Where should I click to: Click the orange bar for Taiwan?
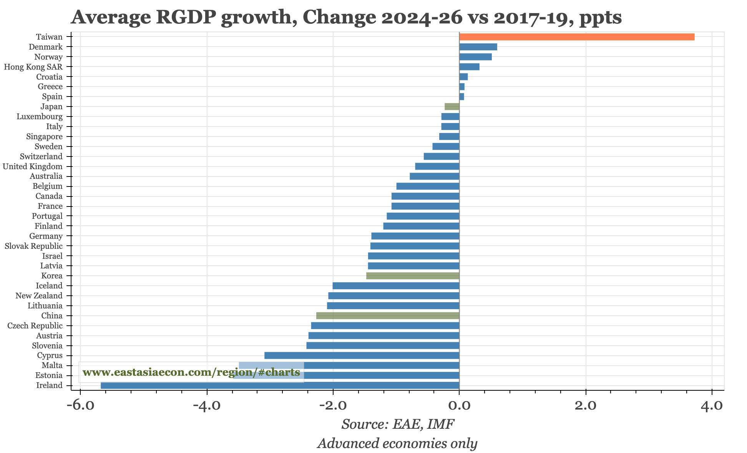576,37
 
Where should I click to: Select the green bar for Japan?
452,107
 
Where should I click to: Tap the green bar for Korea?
413,276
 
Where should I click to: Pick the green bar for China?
388,316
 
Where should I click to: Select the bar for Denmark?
478,47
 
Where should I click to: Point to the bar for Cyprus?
362,355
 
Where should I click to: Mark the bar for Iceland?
396,286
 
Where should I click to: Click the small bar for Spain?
461,97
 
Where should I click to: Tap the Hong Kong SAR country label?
33,67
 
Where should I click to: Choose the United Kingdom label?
32,167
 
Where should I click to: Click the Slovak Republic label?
33,246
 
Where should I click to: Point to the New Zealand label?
39,296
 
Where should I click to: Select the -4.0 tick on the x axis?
207,406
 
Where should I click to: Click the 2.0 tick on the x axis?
586,406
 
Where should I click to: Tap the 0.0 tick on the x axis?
459,406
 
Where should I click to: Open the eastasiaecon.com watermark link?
191,372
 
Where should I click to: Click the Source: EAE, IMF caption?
398,424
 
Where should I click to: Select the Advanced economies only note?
397,443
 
